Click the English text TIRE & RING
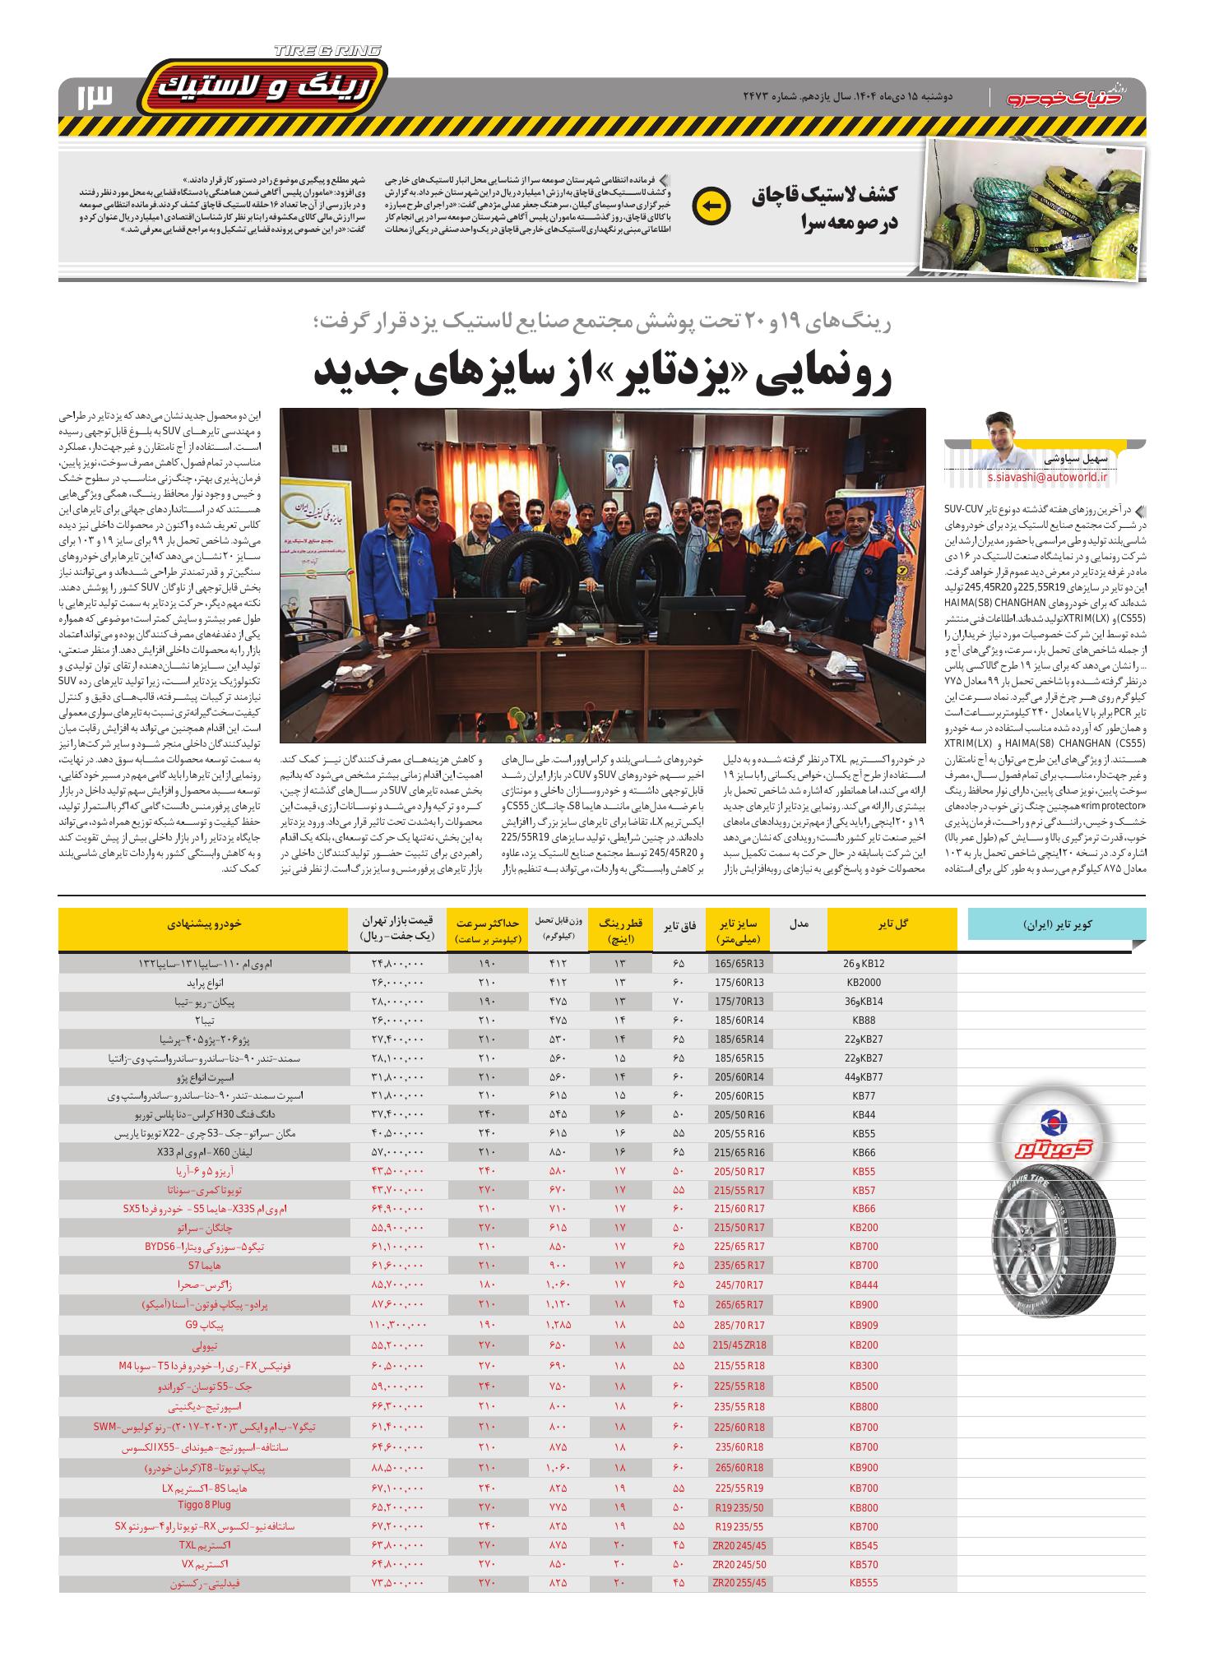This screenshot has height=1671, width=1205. tap(327, 51)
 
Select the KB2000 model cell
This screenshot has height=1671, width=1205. tap(864, 982)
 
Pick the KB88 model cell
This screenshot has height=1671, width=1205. tap(864, 1020)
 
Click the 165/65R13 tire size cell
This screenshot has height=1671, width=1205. tap(739, 963)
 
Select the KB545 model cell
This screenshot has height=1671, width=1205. tap(864, 1544)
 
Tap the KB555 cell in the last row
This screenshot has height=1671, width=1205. tap(864, 1582)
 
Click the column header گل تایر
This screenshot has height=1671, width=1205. tap(892, 924)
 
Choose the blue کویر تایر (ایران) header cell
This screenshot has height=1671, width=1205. tap(1056, 924)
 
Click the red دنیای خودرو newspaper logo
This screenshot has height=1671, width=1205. tap(1073, 97)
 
